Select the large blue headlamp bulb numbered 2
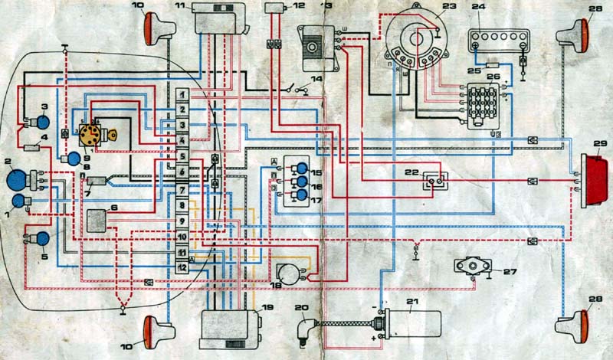point(16,181)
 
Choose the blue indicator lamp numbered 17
point(303,195)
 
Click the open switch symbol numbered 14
point(300,89)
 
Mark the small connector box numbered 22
point(434,181)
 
